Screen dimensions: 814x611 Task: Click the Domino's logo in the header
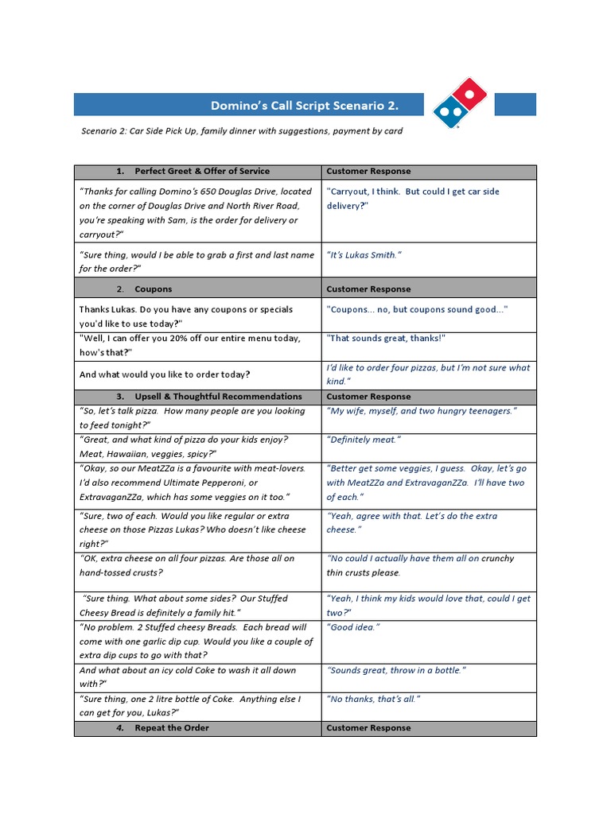coord(461,104)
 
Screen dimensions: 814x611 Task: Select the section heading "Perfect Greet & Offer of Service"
coord(202,171)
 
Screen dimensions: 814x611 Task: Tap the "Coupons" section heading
coord(154,289)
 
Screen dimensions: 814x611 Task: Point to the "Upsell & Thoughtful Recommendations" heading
coord(218,396)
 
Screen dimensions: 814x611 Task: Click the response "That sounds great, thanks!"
coord(386,339)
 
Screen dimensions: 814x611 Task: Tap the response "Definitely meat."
coord(364,440)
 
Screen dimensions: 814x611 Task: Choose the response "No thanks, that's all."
coord(373,699)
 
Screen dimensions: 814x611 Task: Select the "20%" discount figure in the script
coord(201,339)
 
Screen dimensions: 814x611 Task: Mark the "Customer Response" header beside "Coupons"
coord(368,289)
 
